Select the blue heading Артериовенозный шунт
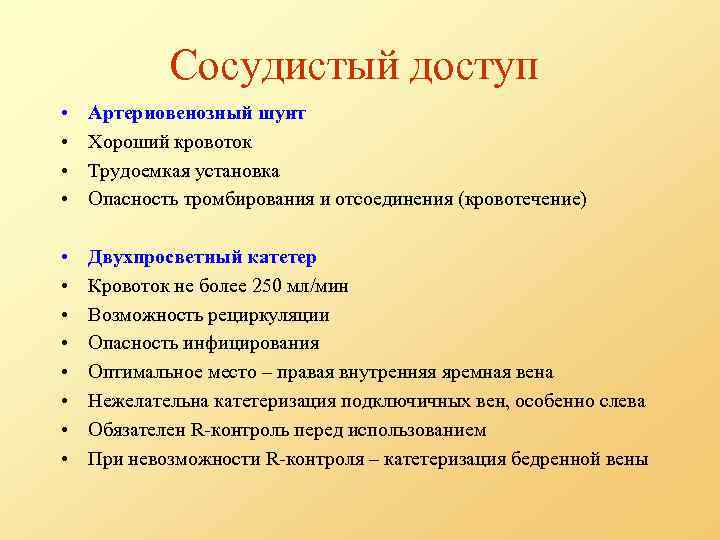196,114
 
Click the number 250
265,287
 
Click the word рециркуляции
266,316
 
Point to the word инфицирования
255,344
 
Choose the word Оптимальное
138,373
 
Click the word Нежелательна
148,402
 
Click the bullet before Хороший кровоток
63,143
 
